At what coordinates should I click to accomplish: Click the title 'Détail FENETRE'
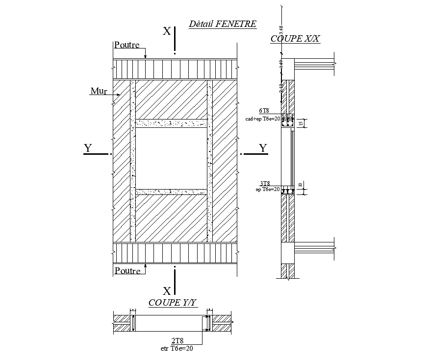pos(223,23)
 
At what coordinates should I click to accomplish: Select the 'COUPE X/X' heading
pos(295,39)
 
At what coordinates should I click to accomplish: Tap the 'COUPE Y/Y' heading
pos(173,303)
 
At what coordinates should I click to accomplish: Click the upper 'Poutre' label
pos(126,45)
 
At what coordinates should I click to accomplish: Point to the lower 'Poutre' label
pos(127,270)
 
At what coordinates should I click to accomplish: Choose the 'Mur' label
pos(98,91)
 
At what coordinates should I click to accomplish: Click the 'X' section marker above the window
pos(167,31)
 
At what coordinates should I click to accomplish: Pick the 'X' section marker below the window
pos(167,290)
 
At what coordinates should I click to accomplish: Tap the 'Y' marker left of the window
pos(88,148)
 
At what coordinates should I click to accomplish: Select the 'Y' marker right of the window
pos(263,148)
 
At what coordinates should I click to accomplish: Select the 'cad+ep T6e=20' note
pos(262,119)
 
